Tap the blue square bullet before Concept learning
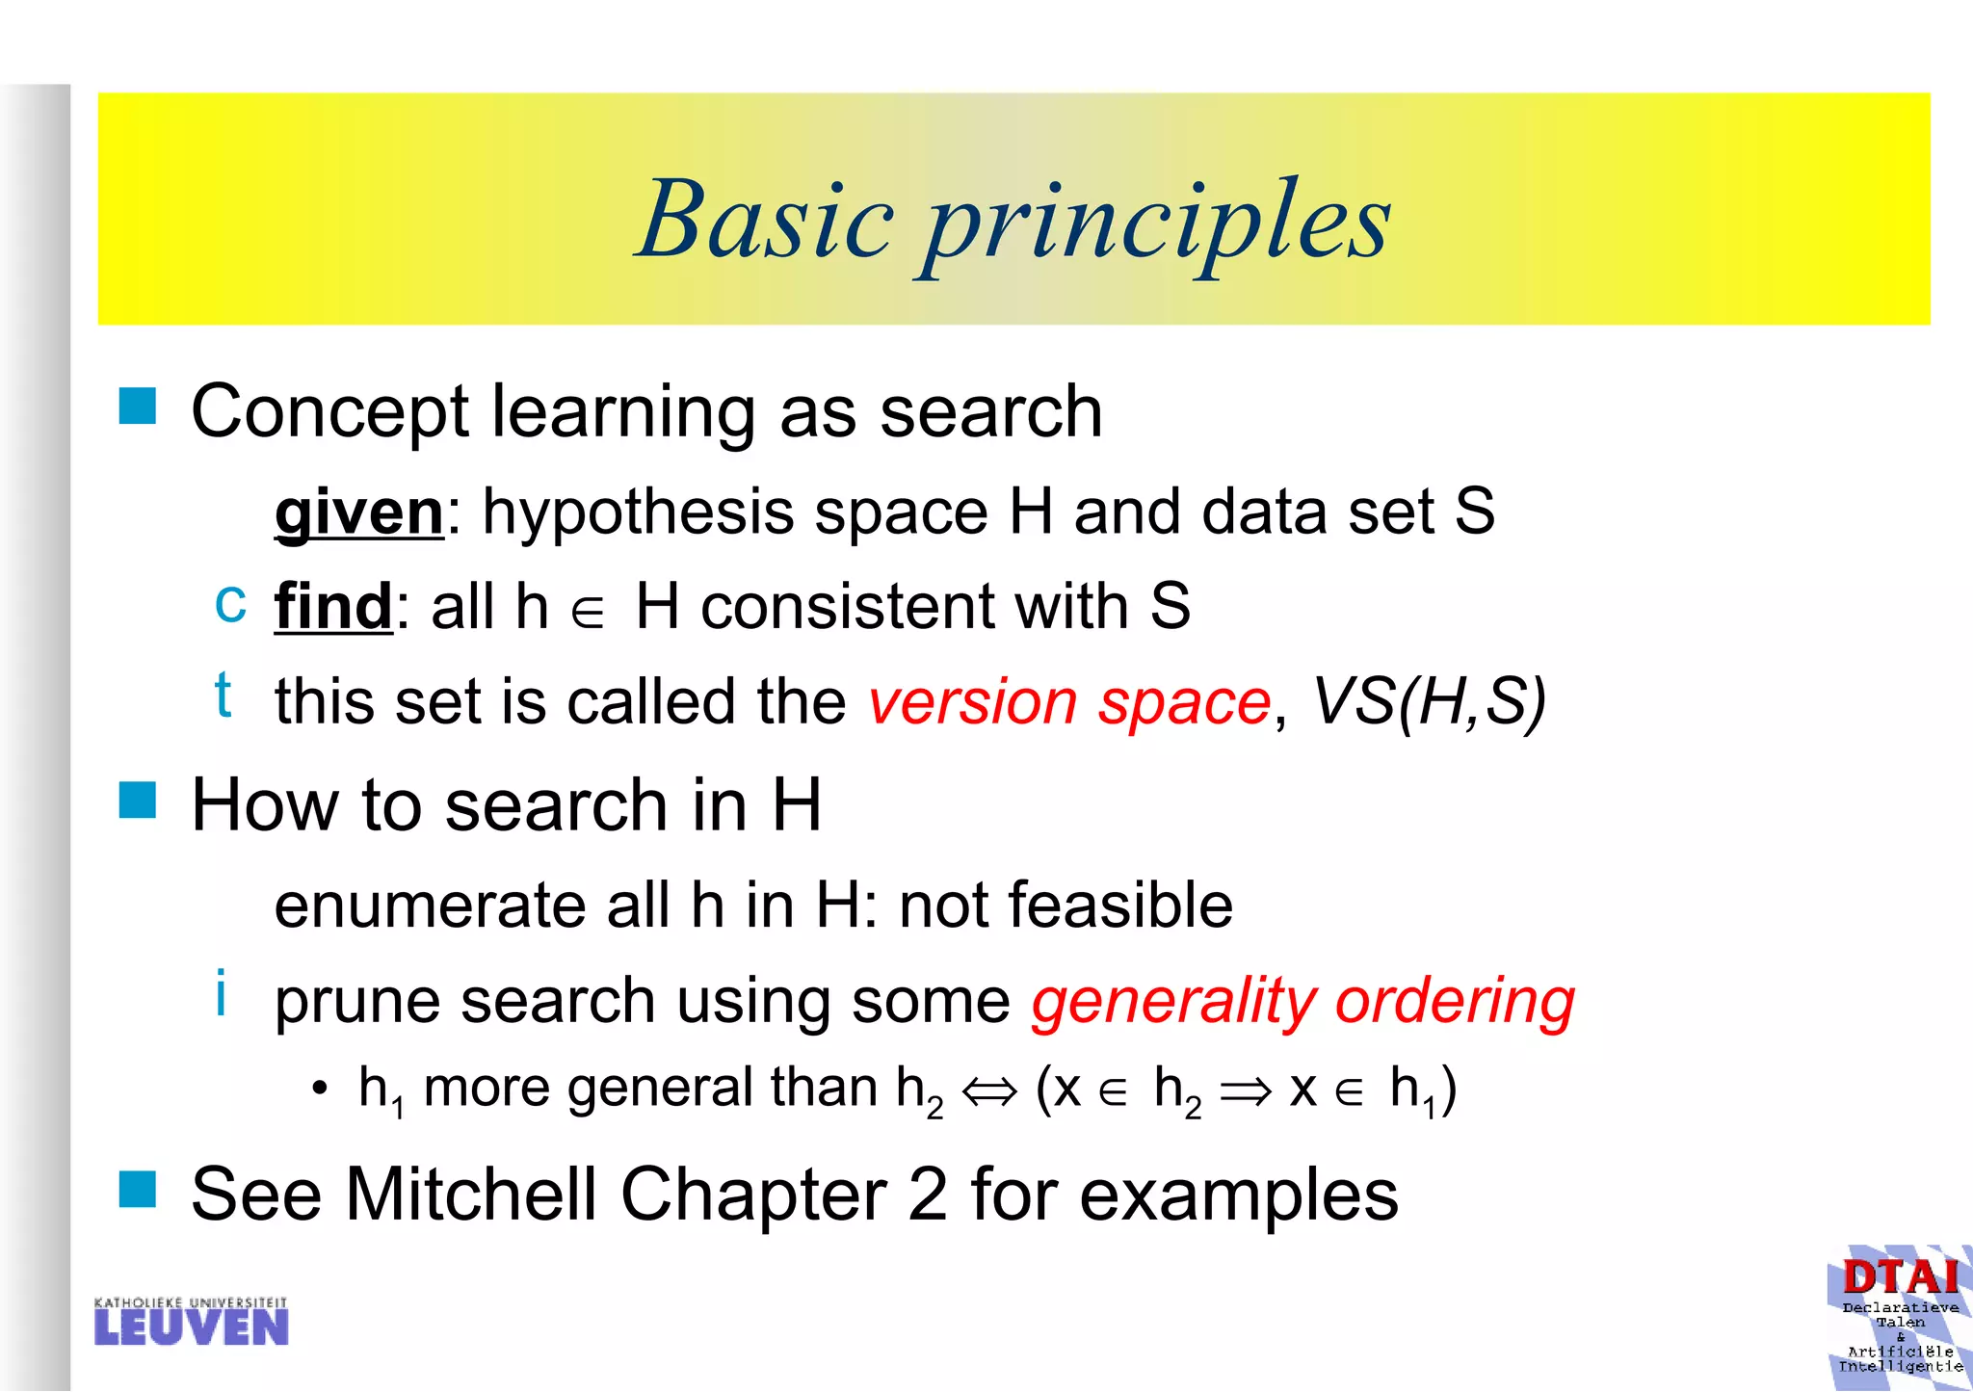pyautogui.click(x=138, y=407)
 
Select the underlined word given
pyautogui.click(x=359, y=512)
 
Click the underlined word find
pyautogui.click(x=333, y=607)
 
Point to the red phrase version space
pyautogui.click(x=1069, y=701)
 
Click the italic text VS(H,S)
pyautogui.click(x=1429, y=701)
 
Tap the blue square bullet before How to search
pyautogui.click(x=138, y=800)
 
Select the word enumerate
pyautogui.click(x=430, y=906)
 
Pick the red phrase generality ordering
pyautogui.click(x=1302, y=1002)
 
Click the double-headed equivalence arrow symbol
pyautogui.click(x=989, y=1091)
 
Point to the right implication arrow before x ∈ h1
pyautogui.click(x=1246, y=1091)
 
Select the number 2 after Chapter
pyautogui.click(x=928, y=1195)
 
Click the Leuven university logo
pyautogui.click(x=192, y=1321)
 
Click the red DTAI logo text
pyautogui.click(x=1900, y=1277)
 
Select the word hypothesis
pyautogui.click(x=638, y=512)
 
